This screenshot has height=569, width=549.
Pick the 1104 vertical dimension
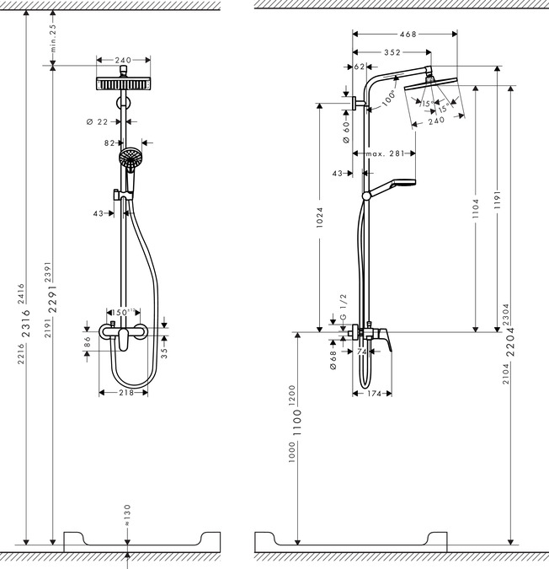tap(476, 208)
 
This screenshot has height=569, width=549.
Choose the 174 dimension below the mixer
tap(376, 394)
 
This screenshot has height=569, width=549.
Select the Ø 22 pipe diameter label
tap(98, 122)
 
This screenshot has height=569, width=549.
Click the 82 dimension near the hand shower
tap(109, 143)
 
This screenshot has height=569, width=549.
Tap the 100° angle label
tap(387, 98)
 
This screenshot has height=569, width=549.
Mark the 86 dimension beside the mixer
tap(88, 342)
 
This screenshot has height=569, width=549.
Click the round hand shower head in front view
tap(131, 158)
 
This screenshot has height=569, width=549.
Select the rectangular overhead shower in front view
tap(124, 85)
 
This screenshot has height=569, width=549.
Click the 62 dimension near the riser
tap(360, 66)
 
